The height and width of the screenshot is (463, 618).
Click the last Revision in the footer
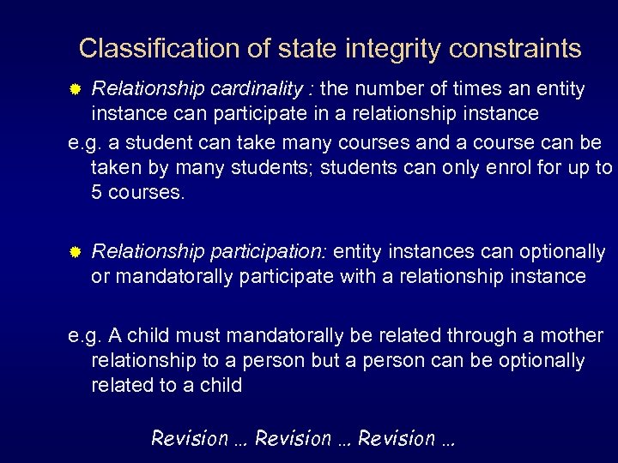pos(397,439)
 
